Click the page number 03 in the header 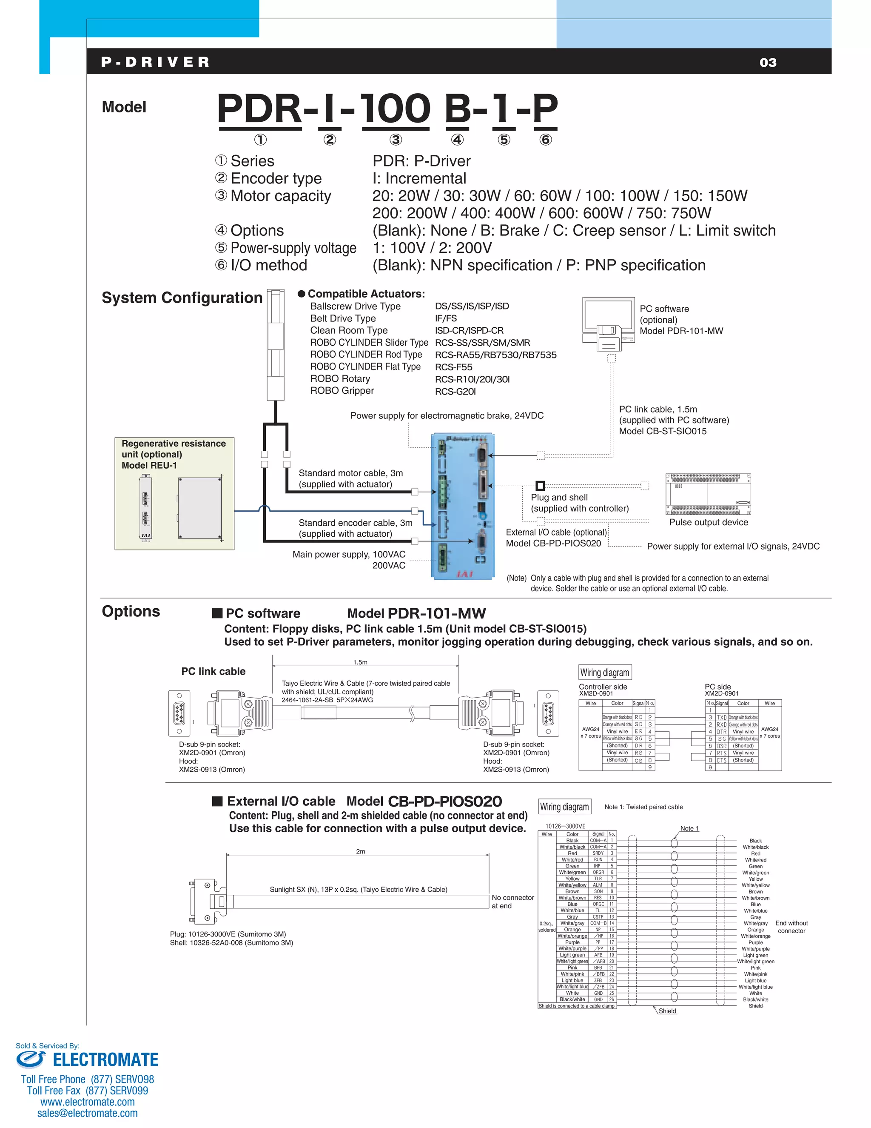click(x=768, y=63)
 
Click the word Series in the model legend click(x=252, y=161)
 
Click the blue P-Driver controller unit click(x=463, y=506)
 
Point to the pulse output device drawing click(x=708, y=494)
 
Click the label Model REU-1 click(x=149, y=465)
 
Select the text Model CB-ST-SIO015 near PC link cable click(x=663, y=431)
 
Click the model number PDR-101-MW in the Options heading click(x=436, y=613)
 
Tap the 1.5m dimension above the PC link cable click(x=360, y=662)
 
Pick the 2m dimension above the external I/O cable click(x=360, y=851)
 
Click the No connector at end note click(x=512, y=902)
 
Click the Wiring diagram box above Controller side click(x=604, y=673)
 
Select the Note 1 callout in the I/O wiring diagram click(x=689, y=828)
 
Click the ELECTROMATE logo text click(x=105, y=1060)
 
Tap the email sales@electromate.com click(x=87, y=1113)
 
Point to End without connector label click(x=791, y=927)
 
